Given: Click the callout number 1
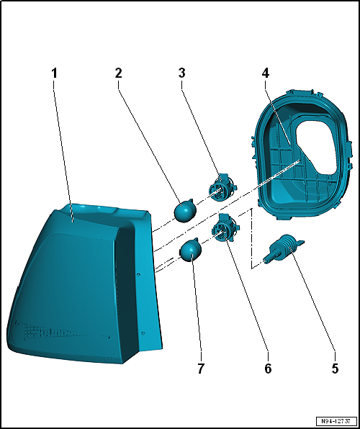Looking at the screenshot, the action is tap(55, 73).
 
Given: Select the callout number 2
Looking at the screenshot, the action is tap(118, 73).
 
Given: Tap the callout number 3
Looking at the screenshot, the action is tap(181, 73).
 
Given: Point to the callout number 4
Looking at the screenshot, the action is tap(265, 73).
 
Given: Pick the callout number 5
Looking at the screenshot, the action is tap(335, 369).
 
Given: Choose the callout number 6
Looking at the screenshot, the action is tap(268, 369).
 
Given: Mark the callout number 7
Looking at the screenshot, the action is tap(201, 369).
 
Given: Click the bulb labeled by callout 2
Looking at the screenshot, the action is tap(186, 210).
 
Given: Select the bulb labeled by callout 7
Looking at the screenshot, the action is tap(190, 250).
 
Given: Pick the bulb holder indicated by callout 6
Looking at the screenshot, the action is tap(225, 229).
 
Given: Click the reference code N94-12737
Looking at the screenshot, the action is tap(336, 420).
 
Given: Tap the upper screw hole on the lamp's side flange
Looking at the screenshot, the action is tap(139, 274).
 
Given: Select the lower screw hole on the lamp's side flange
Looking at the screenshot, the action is tap(143, 333).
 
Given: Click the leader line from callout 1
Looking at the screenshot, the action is tap(63, 150).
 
